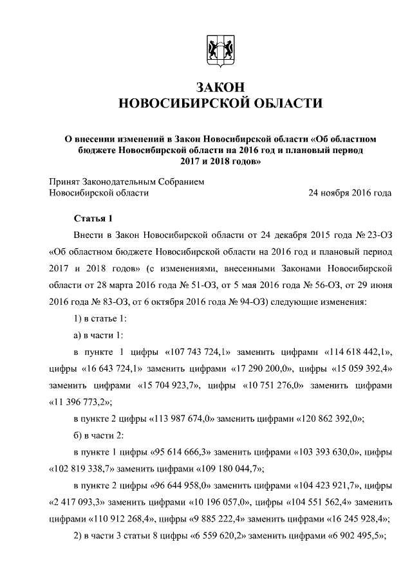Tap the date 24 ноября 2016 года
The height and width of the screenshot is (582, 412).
tap(350, 192)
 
